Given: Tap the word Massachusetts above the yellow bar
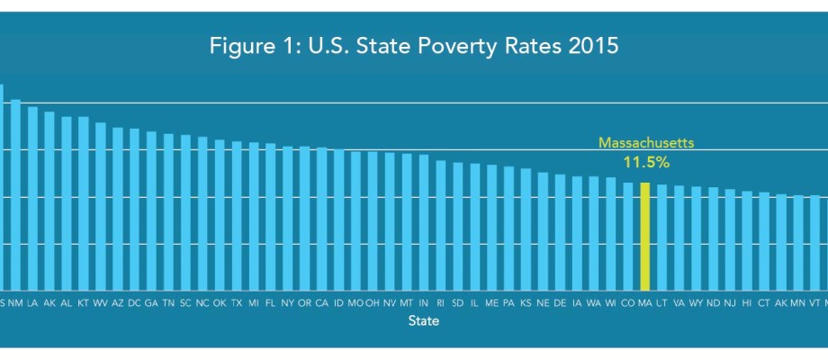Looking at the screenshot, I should click(x=646, y=142).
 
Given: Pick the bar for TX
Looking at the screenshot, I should click(x=237, y=215).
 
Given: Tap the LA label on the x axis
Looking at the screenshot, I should click(x=32, y=303).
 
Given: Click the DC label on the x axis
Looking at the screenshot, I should click(x=134, y=303).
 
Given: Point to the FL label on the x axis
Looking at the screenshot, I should click(x=270, y=303).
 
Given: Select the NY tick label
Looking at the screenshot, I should click(x=287, y=303).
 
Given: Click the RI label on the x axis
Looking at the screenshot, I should click(x=440, y=303).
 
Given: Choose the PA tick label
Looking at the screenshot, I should click(x=508, y=303).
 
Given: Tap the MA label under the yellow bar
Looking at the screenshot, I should click(x=644, y=303).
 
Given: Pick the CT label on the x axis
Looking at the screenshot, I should click(x=763, y=303).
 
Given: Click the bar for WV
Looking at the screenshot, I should click(x=101, y=206).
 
